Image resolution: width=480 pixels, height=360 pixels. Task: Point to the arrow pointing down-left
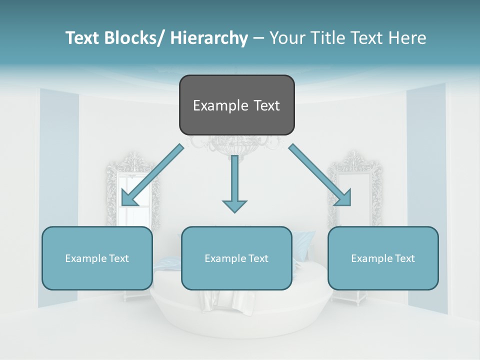coord(152,175)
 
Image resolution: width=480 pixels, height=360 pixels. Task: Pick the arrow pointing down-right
coord(320,175)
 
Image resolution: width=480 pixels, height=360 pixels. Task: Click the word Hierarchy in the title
coord(209,38)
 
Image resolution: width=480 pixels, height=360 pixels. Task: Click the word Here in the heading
coord(408,38)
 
